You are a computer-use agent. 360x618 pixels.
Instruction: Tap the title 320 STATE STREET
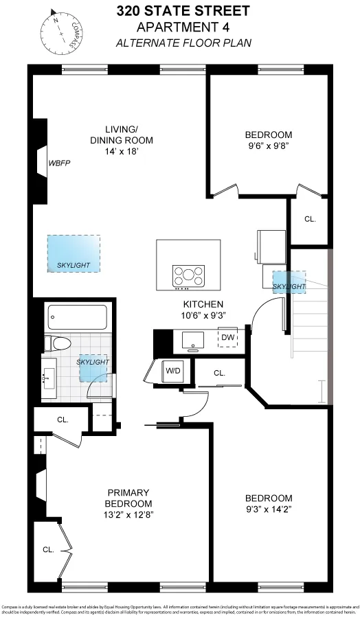pyautogui.click(x=183, y=11)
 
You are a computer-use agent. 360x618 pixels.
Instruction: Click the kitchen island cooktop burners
pyautogui.click(x=189, y=276)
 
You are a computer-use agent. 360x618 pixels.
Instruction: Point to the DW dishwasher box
pyautogui.click(x=228, y=337)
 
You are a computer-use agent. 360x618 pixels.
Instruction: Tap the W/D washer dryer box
pyautogui.click(x=172, y=371)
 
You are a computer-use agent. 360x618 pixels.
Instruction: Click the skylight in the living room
pyautogui.click(x=73, y=253)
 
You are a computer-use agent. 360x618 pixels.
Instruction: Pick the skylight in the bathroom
pyautogui.click(x=93, y=369)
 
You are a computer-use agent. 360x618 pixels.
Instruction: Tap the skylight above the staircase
pyautogui.click(x=289, y=282)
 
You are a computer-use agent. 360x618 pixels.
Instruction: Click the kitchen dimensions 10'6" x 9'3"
pyautogui.click(x=203, y=314)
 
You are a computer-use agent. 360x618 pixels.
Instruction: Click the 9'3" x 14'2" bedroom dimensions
pyautogui.click(x=269, y=510)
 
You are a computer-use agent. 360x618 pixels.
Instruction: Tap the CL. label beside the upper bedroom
pyautogui.click(x=310, y=220)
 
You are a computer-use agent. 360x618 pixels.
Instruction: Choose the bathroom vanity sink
pyautogui.click(x=48, y=378)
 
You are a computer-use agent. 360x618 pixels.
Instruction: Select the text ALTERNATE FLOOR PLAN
pyautogui.click(x=183, y=42)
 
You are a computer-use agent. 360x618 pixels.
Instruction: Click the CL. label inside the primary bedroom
pyautogui.click(x=48, y=549)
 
